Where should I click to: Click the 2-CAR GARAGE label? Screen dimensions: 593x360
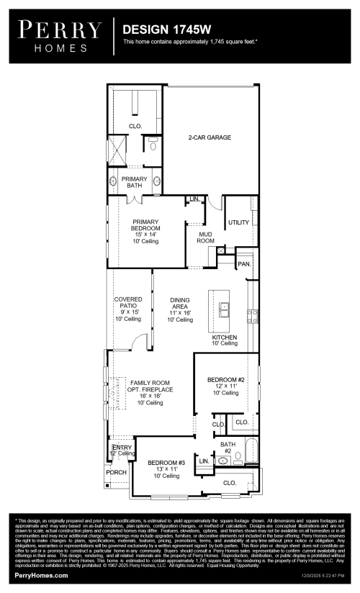[x=210, y=137]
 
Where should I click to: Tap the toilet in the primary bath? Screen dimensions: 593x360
[x=152, y=145]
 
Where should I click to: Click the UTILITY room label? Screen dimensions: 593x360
[x=238, y=223]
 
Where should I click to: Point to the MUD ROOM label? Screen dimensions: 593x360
[x=206, y=237]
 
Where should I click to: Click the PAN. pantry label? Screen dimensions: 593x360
[x=244, y=264]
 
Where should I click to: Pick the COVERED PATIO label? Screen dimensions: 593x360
[x=127, y=303]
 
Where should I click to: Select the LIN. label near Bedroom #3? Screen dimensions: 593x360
[x=204, y=461]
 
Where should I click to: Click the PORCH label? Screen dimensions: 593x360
[x=117, y=473]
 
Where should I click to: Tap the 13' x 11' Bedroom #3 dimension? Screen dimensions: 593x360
[x=166, y=469]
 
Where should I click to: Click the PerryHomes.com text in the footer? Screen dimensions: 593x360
[x=42, y=576]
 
